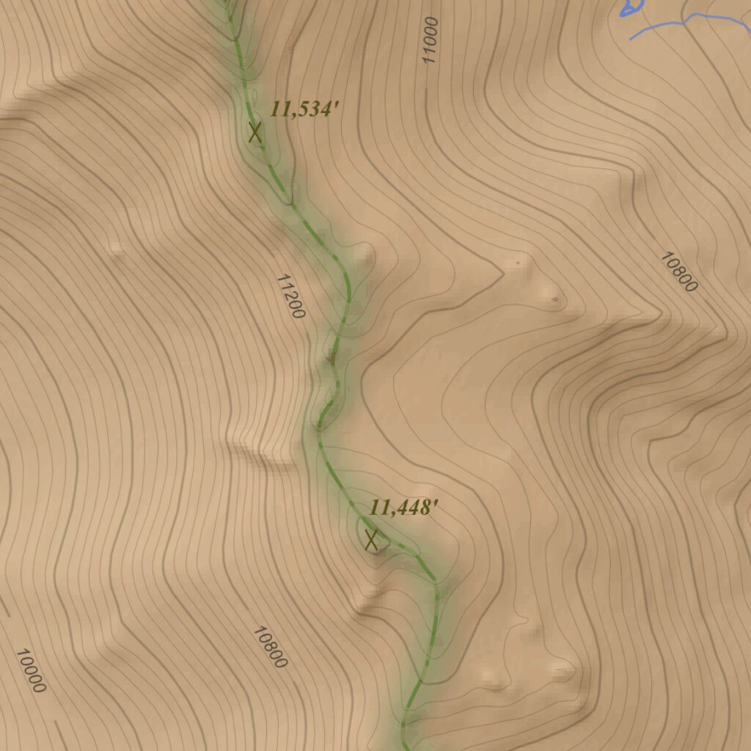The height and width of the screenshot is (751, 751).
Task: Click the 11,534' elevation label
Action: [304, 109]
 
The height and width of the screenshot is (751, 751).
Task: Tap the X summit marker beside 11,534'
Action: [254, 133]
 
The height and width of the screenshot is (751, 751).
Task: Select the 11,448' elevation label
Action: [403, 507]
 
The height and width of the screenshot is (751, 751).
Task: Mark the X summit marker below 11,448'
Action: [371, 541]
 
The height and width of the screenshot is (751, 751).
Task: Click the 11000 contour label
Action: [430, 40]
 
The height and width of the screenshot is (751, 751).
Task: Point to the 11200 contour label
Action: [290, 296]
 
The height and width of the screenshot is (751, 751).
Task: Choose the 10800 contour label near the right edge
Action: [678, 272]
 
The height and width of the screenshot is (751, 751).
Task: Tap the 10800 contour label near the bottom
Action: [269, 646]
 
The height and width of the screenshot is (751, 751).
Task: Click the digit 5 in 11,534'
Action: [302, 109]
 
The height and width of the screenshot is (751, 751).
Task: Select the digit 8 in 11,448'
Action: [425, 507]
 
